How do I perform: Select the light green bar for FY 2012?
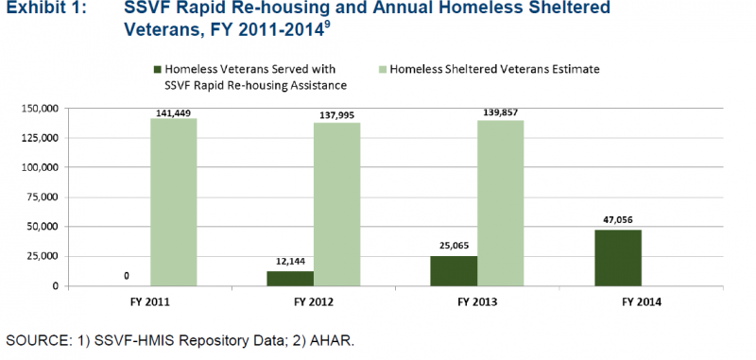point(336,204)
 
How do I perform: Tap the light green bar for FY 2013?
point(500,203)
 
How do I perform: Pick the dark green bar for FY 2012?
point(290,279)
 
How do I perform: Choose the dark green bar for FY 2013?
point(455,271)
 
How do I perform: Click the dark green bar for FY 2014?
point(617,258)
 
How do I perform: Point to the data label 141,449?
point(174,113)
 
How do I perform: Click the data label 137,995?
point(336,115)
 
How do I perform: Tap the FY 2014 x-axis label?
point(640,302)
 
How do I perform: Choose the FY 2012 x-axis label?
point(313,302)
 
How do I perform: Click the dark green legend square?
point(157,69)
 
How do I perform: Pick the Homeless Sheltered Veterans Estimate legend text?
point(494,69)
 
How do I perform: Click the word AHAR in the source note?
point(336,339)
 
